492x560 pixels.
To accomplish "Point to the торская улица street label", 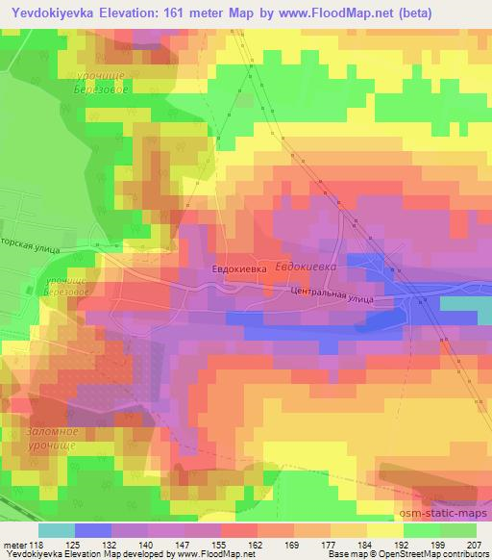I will (31, 247).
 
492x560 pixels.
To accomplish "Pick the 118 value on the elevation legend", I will (44, 545).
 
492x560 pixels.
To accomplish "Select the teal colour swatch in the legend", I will (57, 531).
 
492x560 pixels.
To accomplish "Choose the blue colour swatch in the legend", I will (93, 531).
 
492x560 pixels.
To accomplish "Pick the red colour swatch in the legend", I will (238, 531).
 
